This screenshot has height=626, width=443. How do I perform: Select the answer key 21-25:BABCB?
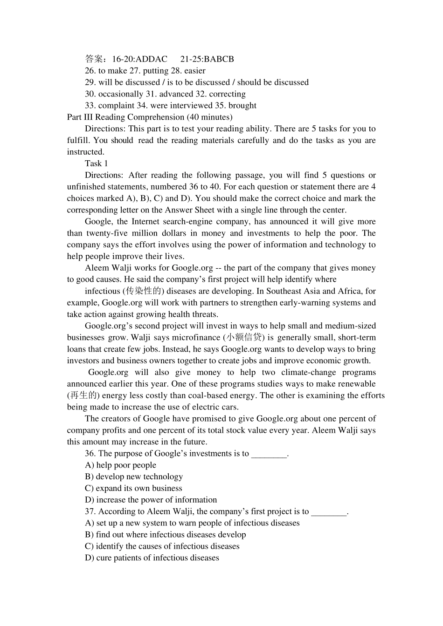point(207,59)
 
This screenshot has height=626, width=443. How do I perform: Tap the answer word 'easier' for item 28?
point(194,71)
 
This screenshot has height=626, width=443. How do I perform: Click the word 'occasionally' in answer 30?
point(121,94)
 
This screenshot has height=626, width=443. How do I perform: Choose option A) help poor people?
point(121,465)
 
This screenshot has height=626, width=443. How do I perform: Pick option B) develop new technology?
point(134,477)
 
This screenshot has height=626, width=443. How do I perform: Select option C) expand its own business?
point(133,489)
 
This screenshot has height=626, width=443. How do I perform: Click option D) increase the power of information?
point(151,500)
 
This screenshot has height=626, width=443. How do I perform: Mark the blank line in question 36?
point(269,455)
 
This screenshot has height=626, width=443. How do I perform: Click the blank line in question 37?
point(329,512)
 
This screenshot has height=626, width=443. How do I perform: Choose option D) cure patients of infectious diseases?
point(152,558)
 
